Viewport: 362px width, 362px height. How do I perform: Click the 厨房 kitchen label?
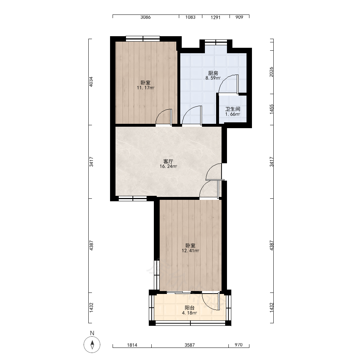pos(213,73)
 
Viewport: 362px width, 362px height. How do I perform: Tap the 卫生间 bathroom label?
pos(233,109)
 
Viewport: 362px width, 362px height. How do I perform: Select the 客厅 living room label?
pos(168,161)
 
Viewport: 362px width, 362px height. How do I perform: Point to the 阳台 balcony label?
pos(190,308)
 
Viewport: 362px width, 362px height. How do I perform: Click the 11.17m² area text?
pos(146,88)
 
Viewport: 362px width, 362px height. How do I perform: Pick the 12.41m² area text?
pos(190,251)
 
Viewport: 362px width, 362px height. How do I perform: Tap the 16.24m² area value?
pos(168,166)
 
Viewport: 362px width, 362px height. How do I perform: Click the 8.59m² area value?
pos(213,78)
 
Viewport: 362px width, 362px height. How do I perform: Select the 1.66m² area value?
pos(233,114)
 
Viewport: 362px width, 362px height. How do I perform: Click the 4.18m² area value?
pos(190,313)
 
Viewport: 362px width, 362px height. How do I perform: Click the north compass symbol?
pos(92,345)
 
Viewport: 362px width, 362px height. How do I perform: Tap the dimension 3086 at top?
pos(146,17)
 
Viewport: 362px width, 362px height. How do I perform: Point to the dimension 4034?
pos(92,82)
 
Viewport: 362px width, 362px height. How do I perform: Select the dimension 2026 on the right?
pos(271,72)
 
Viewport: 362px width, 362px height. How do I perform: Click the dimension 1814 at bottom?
pos(132,345)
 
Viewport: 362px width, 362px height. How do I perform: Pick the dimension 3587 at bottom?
pos(190,345)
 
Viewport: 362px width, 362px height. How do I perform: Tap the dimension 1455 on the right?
pos(271,109)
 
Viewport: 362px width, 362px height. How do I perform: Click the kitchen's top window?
pos(216,42)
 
